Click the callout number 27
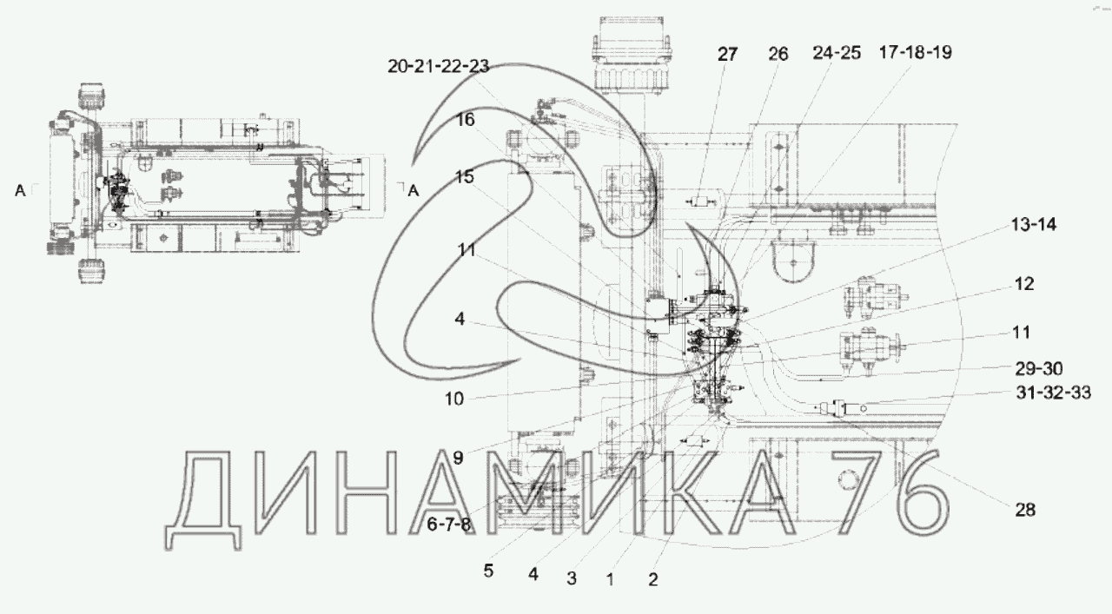click(x=728, y=54)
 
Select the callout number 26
click(x=778, y=54)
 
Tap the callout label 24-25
click(x=837, y=53)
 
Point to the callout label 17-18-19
click(x=916, y=52)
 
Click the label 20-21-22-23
click(x=439, y=66)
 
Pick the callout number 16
click(x=465, y=120)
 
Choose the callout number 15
click(x=465, y=176)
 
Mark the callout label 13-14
click(x=1034, y=224)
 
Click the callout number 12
click(x=1024, y=284)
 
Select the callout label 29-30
click(x=1039, y=369)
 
